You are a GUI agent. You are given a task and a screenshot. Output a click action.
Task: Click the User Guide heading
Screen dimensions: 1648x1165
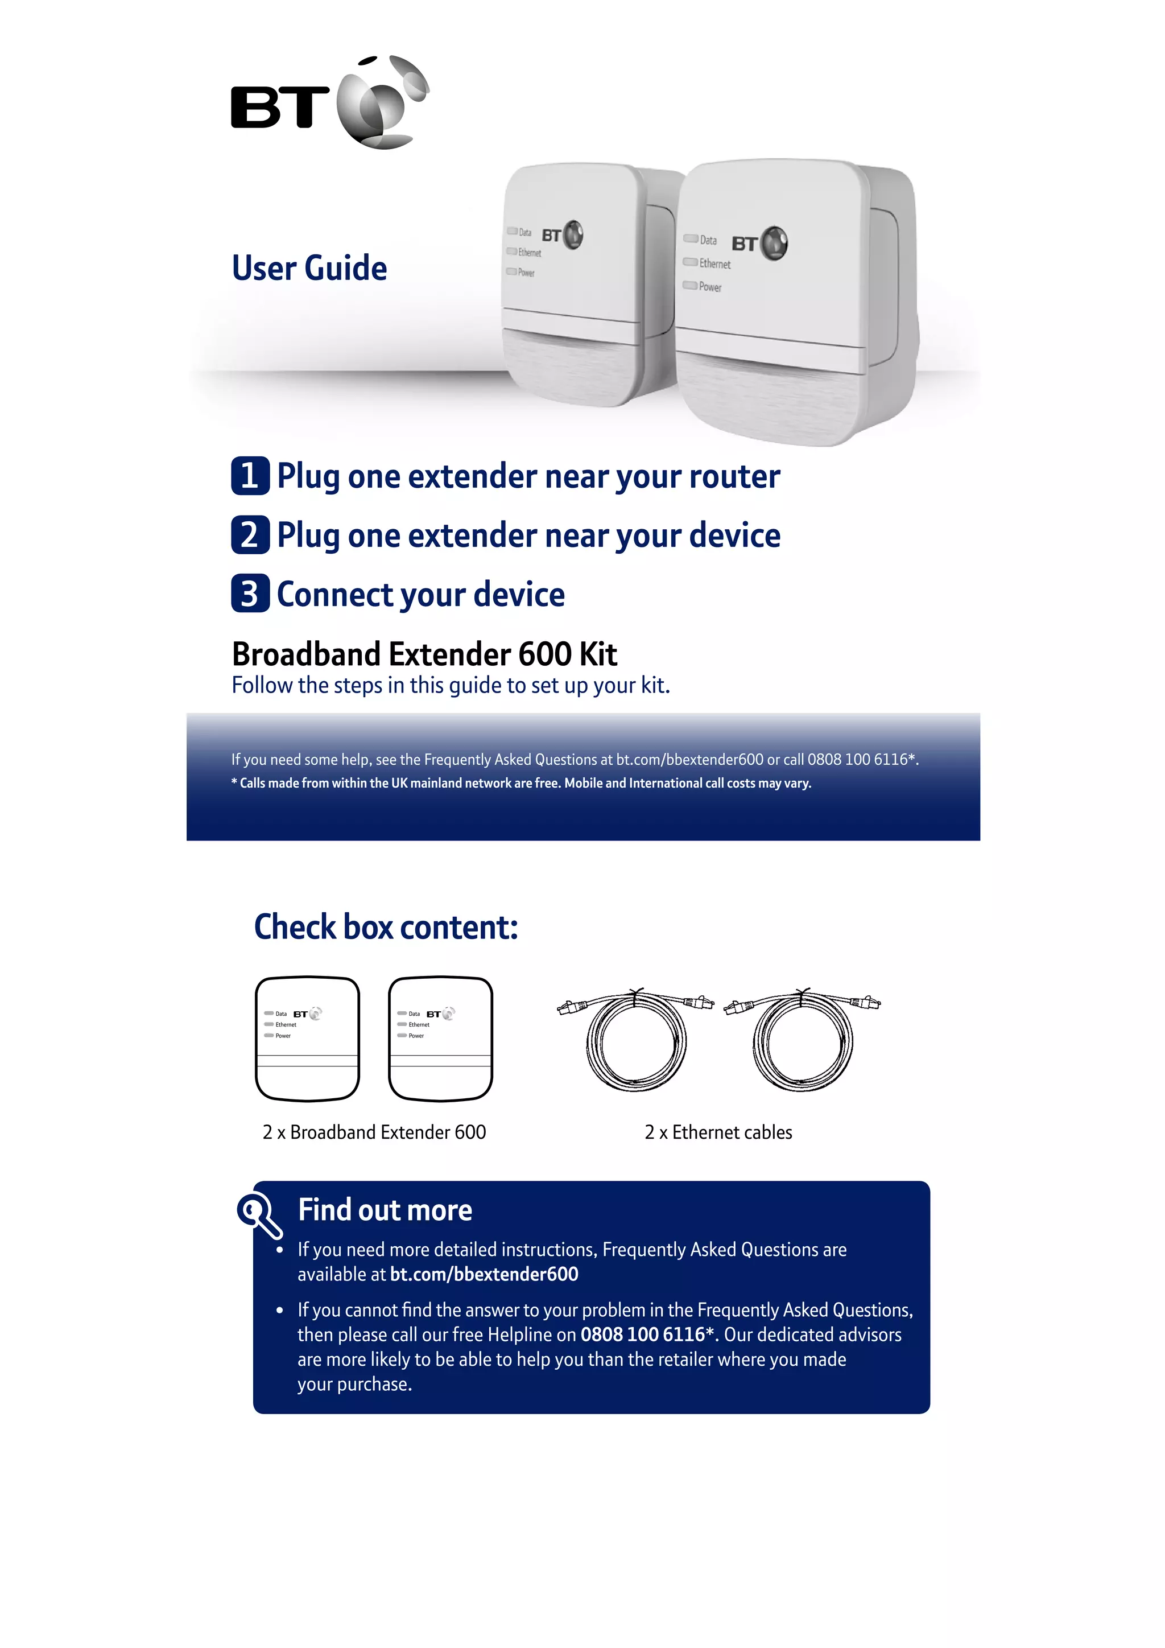[x=309, y=267]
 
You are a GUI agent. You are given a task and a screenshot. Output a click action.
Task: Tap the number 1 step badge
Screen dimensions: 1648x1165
[x=250, y=475]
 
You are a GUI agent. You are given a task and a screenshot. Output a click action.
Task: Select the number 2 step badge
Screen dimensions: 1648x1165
[x=250, y=535]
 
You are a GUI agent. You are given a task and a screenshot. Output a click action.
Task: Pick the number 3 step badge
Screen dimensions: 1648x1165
[x=250, y=594]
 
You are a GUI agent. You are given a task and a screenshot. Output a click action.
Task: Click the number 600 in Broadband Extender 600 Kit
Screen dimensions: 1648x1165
[x=544, y=654]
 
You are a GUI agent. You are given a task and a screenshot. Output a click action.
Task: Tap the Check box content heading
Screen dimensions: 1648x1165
[x=385, y=926]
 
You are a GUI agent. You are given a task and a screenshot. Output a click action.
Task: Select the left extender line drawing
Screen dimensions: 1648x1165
[x=307, y=1039]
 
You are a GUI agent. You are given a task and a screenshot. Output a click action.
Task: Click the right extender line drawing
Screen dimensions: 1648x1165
[x=440, y=1039]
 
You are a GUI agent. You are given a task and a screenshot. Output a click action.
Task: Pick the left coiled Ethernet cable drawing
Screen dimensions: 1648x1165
[x=635, y=1037]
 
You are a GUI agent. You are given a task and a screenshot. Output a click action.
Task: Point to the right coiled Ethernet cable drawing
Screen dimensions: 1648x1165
[x=803, y=1037]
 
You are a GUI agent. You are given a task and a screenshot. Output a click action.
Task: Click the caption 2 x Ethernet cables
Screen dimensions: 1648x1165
[x=718, y=1132]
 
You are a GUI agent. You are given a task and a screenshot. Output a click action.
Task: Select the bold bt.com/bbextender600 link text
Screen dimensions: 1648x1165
[x=484, y=1274]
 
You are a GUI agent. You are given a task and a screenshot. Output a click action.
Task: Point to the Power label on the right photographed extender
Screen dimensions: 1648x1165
[x=709, y=287]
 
